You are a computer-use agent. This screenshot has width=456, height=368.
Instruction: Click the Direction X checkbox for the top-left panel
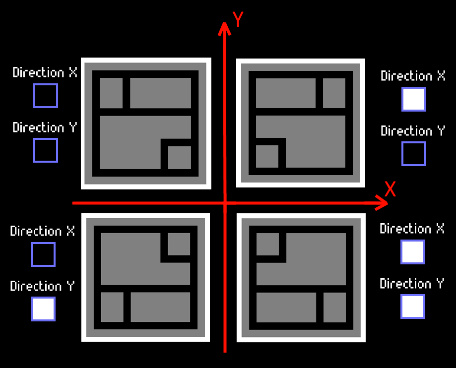click(x=46, y=96)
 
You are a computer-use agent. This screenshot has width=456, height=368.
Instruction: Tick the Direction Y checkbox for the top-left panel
click(x=46, y=150)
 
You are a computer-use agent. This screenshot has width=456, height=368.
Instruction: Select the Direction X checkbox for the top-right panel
click(x=414, y=99)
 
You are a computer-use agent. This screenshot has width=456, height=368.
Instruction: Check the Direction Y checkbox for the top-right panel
click(x=414, y=154)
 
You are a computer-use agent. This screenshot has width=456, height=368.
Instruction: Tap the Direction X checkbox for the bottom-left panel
click(x=43, y=254)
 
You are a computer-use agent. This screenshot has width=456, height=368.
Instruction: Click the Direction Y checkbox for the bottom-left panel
click(x=43, y=309)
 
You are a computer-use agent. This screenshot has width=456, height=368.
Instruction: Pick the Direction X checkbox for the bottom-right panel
click(x=413, y=252)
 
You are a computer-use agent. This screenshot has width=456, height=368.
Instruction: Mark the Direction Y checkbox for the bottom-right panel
click(x=413, y=307)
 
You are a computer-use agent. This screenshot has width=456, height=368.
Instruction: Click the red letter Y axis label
click(x=238, y=19)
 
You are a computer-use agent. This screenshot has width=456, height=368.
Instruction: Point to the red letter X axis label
click(x=391, y=189)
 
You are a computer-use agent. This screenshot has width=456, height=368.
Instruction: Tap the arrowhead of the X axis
click(x=383, y=202)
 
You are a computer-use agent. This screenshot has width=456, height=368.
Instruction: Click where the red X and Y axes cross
click(x=225, y=203)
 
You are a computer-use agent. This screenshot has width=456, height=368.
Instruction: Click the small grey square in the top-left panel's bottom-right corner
click(x=179, y=158)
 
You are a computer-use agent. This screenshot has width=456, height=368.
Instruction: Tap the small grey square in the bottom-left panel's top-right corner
click(x=179, y=244)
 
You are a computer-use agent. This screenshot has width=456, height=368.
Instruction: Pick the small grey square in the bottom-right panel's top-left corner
click(x=267, y=244)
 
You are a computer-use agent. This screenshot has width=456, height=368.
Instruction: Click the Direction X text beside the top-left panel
click(x=45, y=72)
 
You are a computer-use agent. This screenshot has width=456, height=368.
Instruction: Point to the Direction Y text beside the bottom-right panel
click(x=412, y=284)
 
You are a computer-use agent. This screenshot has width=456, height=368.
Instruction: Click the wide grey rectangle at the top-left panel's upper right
click(x=160, y=93)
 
